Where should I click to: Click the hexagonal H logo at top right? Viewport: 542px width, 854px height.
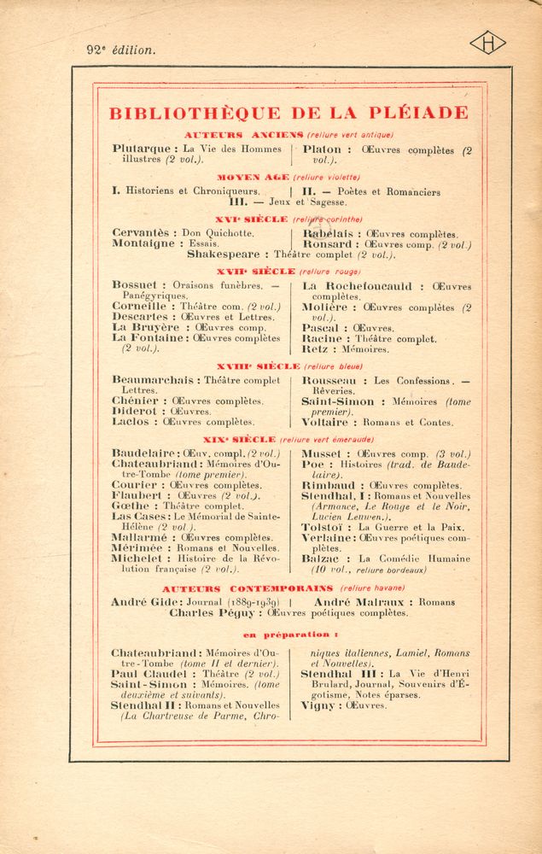(x=487, y=43)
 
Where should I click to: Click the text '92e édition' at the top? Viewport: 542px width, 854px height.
(x=121, y=50)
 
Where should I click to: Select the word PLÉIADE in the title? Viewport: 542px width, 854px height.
(x=420, y=113)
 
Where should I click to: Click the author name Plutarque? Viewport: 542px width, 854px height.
(x=141, y=149)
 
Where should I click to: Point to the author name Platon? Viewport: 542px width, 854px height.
(x=321, y=149)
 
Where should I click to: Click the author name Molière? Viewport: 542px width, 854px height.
(x=325, y=307)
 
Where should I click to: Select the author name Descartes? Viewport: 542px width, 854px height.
(x=140, y=317)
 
